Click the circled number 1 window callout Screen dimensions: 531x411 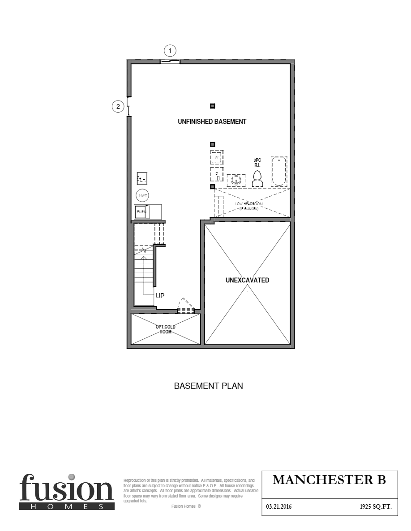170,50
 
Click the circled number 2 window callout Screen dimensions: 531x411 117,106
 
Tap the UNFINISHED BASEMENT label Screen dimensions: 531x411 212,122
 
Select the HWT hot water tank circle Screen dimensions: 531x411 143,196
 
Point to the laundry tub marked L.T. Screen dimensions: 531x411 142,178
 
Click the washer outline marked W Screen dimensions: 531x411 217,158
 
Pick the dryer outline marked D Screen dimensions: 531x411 217,174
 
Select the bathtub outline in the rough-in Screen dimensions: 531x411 278,171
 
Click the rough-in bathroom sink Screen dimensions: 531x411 235,180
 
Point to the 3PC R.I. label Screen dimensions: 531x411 257,163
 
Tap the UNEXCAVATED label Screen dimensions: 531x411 248,280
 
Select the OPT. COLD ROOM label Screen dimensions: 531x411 165,329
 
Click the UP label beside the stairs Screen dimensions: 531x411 160,296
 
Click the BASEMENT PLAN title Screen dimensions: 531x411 208,386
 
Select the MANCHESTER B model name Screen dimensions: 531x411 329,480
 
